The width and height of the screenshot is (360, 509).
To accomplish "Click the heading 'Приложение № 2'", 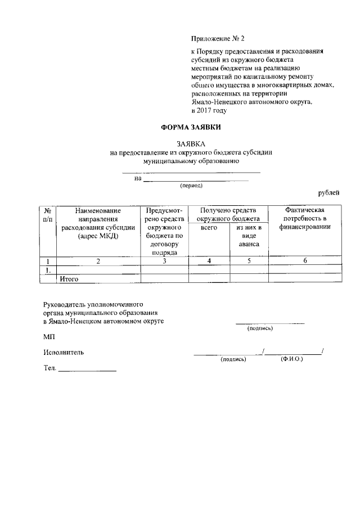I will (218, 39).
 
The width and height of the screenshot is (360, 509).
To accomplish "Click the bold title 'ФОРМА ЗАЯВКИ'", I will (191, 128).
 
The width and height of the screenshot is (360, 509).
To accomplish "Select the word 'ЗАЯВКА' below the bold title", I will (191, 144).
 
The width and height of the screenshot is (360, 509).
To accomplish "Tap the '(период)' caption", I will (191, 185).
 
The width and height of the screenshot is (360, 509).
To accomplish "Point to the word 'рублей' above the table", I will (328, 193).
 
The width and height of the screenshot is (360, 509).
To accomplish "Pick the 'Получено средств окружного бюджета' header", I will (229, 214).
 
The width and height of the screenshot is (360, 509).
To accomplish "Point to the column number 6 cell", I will (305, 261).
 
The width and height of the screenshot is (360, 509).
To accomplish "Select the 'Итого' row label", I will (69, 278).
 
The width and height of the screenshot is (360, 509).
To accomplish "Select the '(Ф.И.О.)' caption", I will (291, 359).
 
